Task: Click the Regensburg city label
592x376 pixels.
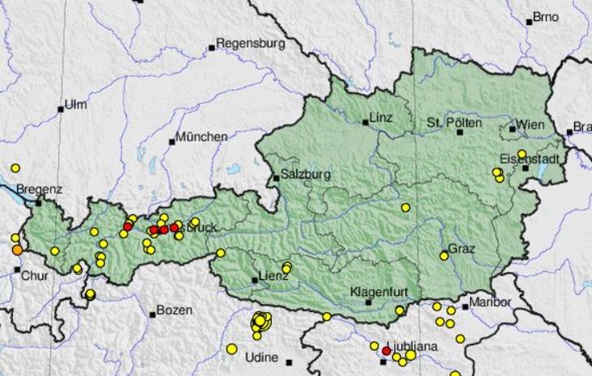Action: click(251, 44)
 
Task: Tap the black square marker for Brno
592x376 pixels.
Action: click(529, 21)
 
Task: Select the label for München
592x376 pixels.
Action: click(201, 137)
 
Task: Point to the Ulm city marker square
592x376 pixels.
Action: click(61, 109)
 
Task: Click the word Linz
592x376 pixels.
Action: click(380, 117)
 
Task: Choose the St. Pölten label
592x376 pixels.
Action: click(454, 122)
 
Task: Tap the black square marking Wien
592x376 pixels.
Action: click(513, 129)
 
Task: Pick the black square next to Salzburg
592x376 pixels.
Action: click(276, 178)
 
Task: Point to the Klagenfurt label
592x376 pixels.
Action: click(375, 291)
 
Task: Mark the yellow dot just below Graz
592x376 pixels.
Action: click(444, 256)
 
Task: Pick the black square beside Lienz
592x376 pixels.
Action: click(256, 281)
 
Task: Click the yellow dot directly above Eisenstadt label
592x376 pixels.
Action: click(522, 154)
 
